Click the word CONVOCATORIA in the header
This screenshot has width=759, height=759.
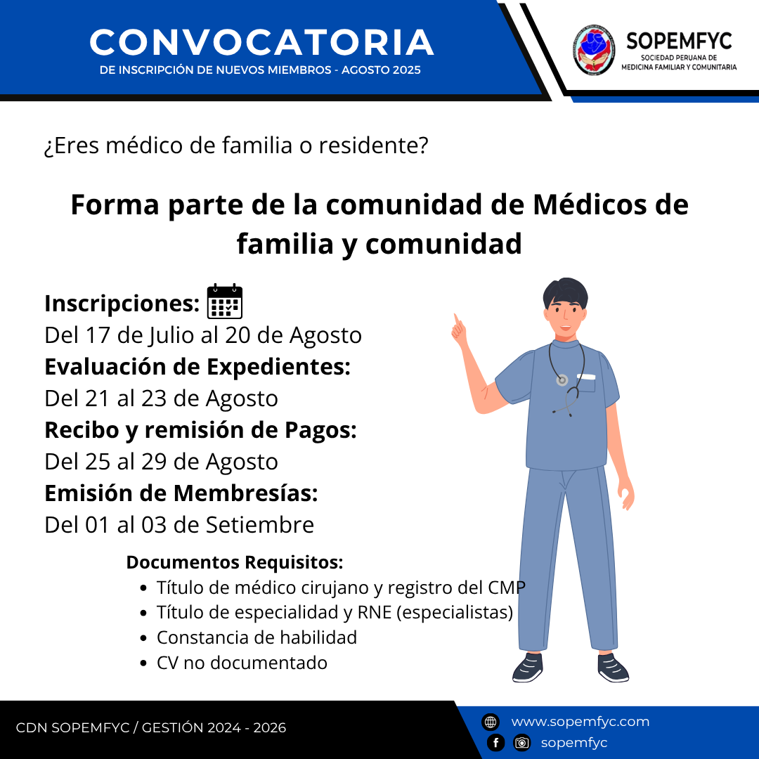[261, 42]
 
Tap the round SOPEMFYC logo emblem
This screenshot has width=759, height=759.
[594, 50]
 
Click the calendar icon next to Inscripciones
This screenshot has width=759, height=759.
[225, 301]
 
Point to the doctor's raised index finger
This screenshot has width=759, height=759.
[456, 320]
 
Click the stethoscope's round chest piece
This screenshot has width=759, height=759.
[562, 380]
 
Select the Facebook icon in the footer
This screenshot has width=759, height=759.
[495, 743]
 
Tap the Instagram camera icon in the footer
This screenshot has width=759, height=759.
[521, 743]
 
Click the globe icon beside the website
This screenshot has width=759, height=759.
[491, 722]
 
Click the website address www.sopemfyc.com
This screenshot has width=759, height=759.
[580, 722]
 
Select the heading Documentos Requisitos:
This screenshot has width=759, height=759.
[234, 562]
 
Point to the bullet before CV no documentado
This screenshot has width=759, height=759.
[143, 663]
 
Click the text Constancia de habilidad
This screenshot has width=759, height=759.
[257, 637]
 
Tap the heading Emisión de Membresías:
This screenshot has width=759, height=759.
[181, 493]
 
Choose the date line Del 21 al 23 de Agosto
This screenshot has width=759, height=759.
[161, 398]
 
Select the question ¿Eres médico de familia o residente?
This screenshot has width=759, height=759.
[236, 145]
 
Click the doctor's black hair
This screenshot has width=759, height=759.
[565, 292]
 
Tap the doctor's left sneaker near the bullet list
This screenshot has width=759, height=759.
[528, 668]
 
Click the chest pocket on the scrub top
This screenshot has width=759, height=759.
[585, 384]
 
